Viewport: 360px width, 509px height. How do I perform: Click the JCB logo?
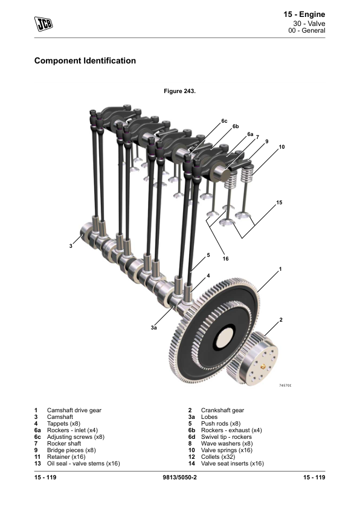[x=43, y=24]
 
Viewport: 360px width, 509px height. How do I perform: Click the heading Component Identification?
[x=85, y=60]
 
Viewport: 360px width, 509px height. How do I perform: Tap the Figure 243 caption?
[x=179, y=91]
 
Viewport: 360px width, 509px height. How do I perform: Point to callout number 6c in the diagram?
[x=224, y=121]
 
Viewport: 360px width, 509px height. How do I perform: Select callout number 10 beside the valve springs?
[x=281, y=147]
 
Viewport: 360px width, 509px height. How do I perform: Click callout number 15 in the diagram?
[x=279, y=203]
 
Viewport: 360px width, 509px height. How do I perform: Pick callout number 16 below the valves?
[x=225, y=259]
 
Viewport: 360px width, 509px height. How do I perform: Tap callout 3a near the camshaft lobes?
[x=154, y=328]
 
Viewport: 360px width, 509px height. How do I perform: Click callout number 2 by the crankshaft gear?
[x=281, y=320]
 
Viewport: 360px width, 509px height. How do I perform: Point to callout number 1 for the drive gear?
[x=280, y=269]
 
